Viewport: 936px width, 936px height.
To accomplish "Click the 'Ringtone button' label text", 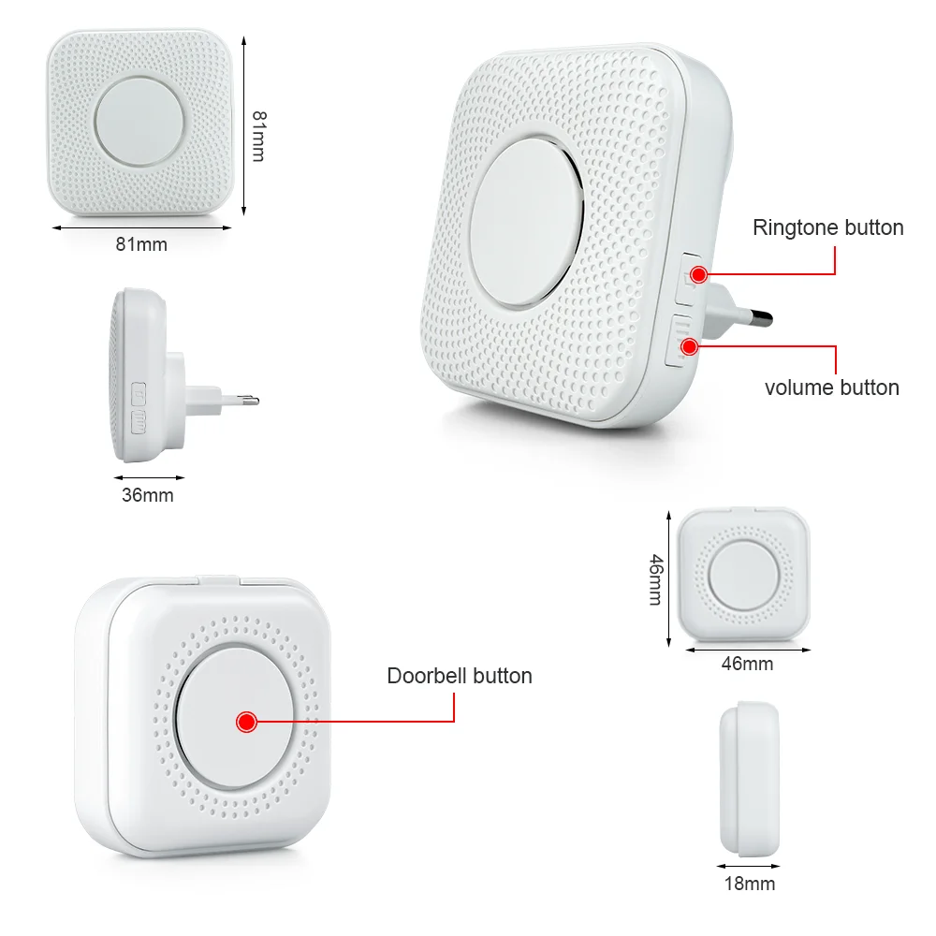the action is (x=827, y=227).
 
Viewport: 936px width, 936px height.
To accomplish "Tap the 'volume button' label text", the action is (x=831, y=388).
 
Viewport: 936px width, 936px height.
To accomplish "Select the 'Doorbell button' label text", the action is (x=459, y=676).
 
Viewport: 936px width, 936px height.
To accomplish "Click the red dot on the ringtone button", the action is (x=698, y=274).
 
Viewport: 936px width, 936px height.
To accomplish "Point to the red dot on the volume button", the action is (x=690, y=346).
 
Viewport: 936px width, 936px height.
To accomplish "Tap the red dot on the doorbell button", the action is (x=247, y=722).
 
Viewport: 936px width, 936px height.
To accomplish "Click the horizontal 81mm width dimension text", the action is (x=141, y=244).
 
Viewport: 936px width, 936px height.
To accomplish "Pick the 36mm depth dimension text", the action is (x=147, y=495).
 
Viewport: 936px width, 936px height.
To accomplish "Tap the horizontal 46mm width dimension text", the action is (x=747, y=664).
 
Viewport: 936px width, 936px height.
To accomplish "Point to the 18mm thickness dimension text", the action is (x=749, y=883).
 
